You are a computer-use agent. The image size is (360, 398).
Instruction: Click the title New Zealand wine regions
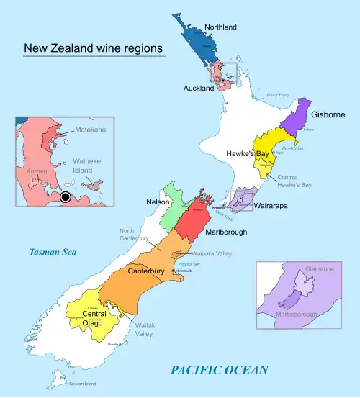[93, 49]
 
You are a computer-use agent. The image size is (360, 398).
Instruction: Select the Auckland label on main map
[199, 88]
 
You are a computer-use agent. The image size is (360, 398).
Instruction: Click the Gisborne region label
[329, 114]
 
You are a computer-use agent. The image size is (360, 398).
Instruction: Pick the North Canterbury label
[134, 233]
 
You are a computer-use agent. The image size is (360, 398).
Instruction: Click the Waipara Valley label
[212, 254]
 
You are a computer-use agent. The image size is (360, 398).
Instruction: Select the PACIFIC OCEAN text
[220, 370]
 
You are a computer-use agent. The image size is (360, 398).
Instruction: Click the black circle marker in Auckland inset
[66, 196]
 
